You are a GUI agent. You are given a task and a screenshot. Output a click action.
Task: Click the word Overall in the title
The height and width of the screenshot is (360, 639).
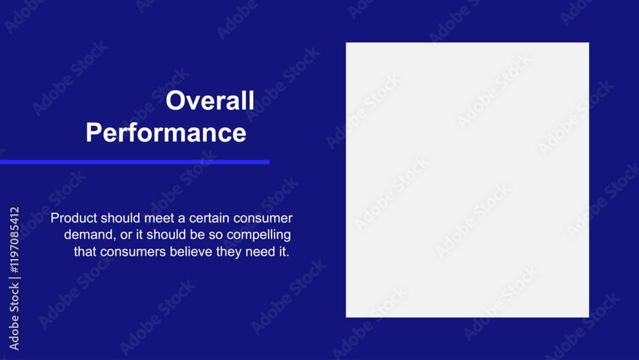point(210,100)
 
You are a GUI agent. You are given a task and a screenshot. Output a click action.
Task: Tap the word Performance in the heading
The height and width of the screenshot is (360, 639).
point(166,132)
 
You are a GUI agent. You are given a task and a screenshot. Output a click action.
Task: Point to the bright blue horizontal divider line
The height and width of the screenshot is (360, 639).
point(134,162)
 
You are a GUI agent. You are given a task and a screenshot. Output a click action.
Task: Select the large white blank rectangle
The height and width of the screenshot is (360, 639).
point(468,180)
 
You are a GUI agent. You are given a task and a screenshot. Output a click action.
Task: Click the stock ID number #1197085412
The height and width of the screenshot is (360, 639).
point(14,240)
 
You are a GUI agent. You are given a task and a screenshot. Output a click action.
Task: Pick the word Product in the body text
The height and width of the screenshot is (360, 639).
point(73,217)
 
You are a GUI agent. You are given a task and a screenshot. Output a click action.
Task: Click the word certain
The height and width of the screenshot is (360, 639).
point(209,218)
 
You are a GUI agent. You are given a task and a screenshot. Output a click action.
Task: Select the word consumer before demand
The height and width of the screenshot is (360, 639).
point(263,219)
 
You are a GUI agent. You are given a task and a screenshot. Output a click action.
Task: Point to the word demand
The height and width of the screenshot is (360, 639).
point(90,235)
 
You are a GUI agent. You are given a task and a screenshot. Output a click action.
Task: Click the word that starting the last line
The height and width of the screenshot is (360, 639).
point(85,251)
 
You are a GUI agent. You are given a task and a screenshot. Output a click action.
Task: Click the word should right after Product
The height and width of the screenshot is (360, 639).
point(121,217)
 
